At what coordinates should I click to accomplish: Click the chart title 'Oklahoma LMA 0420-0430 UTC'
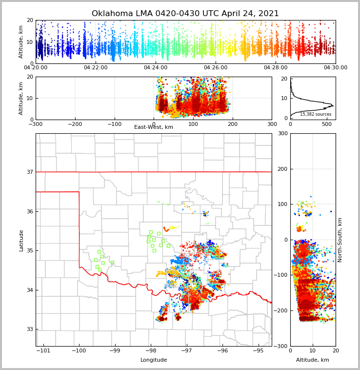(x=185, y=14)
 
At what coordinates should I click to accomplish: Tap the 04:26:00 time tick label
(x=216, y=68)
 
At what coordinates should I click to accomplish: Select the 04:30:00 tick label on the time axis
(x=336, y=68)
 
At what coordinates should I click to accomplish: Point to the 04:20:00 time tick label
(x=36, y=68)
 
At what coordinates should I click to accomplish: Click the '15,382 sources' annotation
(x=316, y=114)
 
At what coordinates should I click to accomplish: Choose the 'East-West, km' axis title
(x=154, y=127)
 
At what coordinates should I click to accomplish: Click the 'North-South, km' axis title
(x=340, y=240)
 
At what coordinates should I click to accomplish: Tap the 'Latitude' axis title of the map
(x=21, y=240)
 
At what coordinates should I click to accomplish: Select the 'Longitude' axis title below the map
(x=154, y=360)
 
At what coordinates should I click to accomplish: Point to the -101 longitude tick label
(x=43, y=351)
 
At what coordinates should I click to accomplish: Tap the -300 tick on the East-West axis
(x=36, y=124)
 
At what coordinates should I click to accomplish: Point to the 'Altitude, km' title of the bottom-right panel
(x=313, y=360)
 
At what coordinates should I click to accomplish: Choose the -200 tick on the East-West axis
(x=75, y=124)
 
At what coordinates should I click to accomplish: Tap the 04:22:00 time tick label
(x=96, y=68)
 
